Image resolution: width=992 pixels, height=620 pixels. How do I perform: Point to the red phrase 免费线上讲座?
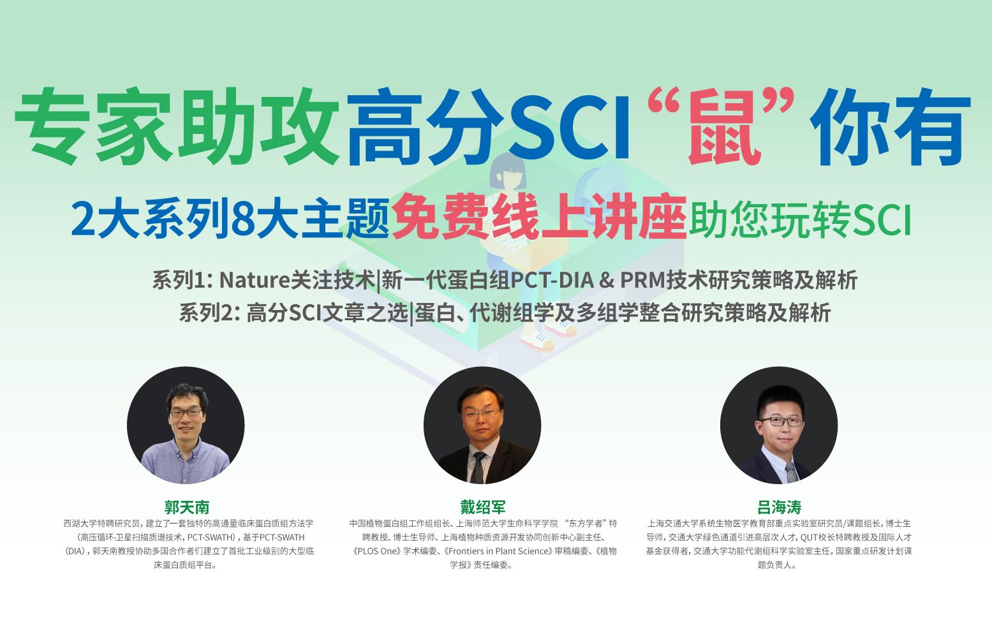[540, 218]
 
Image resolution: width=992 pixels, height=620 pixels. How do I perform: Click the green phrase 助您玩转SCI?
[800, 219]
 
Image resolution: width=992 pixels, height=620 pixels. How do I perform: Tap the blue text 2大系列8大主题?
[230, 219]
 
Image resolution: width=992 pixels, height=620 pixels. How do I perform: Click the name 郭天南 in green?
[186, 507]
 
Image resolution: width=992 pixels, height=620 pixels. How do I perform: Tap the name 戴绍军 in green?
[483, 507]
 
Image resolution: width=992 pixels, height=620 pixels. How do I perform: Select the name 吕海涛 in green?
[779, 507]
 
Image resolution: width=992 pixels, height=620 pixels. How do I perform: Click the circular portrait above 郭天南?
[186, 425]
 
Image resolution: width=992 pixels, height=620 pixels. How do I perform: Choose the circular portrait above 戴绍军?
[482, 425]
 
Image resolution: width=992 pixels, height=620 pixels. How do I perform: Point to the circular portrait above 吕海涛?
[779, 425]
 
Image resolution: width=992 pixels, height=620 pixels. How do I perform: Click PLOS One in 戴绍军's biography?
[380, 551]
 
